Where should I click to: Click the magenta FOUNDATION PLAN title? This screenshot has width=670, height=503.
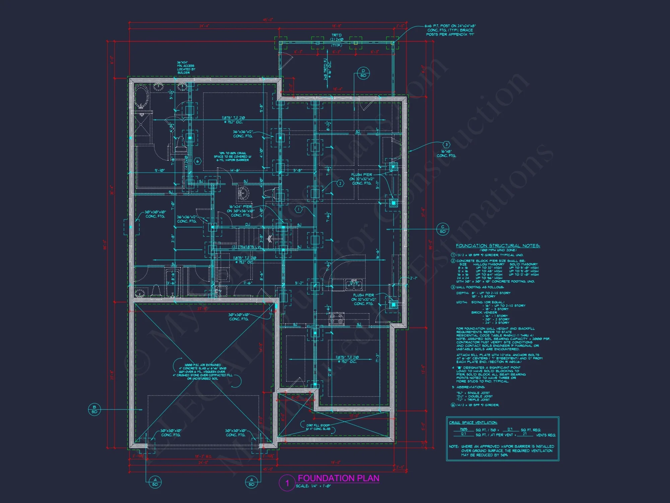tap(338, 478)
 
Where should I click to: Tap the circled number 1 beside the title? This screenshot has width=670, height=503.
tap(287, 483)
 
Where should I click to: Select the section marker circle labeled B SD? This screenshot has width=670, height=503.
tap(94, 409)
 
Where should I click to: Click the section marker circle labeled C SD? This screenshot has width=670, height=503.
tap(443, 229)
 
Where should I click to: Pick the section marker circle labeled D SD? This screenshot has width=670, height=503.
tap(363, 73)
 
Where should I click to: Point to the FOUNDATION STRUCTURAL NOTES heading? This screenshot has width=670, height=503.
tap(497, 246)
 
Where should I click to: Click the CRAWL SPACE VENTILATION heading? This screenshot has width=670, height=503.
tap(473, 423)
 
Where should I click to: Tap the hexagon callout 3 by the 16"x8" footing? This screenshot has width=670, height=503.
tap(446, 145)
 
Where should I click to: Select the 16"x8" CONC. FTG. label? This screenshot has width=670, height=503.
tap(446, 154)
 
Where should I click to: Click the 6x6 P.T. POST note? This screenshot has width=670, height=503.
tap(450, 30)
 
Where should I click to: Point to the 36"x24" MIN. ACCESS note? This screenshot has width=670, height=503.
tap(186, 67)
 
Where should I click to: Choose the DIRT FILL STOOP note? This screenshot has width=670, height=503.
tap(318, 427)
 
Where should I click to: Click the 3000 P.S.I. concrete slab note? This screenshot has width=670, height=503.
tap(202, 372)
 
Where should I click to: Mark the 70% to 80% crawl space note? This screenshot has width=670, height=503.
tap(232, 157)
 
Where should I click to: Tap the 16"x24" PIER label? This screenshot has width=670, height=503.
tap(241, 211)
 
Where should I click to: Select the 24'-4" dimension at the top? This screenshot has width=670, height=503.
tap(204, 26)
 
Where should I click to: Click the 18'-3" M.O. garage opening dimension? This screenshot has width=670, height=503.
tap(203, 456)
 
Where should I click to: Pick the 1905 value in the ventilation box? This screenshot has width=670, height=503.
tap(463, 429)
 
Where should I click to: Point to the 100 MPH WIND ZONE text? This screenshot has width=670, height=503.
tap(498, 250)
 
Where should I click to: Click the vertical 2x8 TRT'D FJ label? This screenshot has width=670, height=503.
tap(327, 70)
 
